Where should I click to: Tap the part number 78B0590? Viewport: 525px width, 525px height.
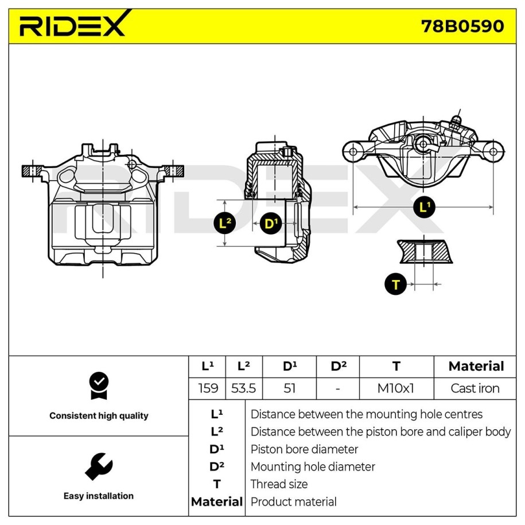click(x=462, y=26)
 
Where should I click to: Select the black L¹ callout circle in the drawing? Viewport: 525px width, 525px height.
click(x=424, y=207)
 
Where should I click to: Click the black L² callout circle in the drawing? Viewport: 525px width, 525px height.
click(x=225, y=223)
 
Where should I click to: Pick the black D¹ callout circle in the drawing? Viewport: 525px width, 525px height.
click(x=271, y=224)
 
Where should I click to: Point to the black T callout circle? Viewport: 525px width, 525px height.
click(x=396, y=284)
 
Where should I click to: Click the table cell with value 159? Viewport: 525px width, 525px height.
click(x=208, y=388)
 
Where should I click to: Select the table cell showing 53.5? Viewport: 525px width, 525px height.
click(x=243, y=388)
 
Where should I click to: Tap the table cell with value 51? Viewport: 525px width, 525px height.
click(x=289, y=388)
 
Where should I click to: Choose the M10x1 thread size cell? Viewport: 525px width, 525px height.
click(x=396, y=388)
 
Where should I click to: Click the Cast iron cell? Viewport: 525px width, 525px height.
click(x=475, y=388)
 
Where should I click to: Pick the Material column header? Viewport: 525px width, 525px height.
click(x=476, y=366)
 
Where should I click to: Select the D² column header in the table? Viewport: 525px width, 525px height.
click(x=338, y=366)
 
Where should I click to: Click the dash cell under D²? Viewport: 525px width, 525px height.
click(x=338, y=388)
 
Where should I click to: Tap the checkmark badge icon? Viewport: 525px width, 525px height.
click(x=99, y=386)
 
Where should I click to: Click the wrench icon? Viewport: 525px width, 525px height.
click(x=99, y=466)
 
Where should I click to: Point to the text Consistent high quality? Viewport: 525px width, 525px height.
click(x=99, y=416)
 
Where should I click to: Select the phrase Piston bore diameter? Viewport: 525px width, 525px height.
click(x=304, y=449)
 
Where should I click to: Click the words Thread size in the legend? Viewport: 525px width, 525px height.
click(x=279, y=484)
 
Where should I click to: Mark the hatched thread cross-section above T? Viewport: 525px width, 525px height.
click(x=425, y=251)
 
